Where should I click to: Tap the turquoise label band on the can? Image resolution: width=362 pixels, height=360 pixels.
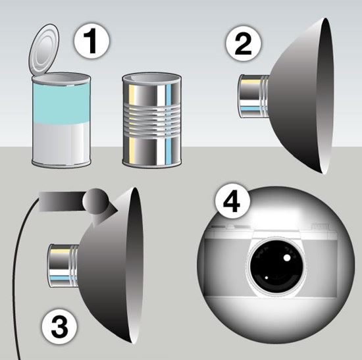(x=61, y=103)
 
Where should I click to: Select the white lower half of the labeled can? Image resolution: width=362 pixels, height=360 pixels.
(x=61, y=141)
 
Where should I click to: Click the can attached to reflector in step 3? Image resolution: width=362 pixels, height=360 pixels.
(x=63, y=265)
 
